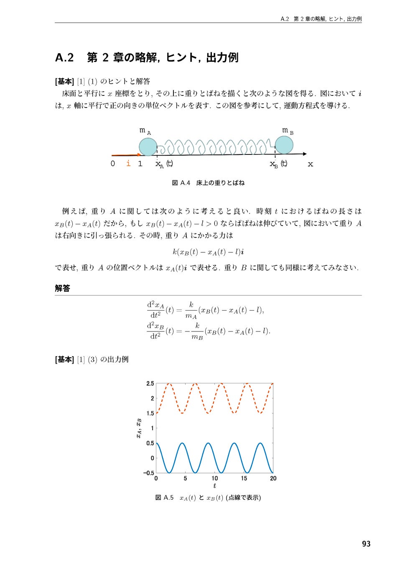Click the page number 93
tap(366, 544)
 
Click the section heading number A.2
tap(64, 57)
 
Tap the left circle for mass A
tap(148, 147)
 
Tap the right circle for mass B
tap(284, 145)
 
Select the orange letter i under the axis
tap(128, 163)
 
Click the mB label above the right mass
tap(287, 131)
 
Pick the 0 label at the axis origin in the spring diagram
tap(112, 164)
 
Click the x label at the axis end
tap(310, 164)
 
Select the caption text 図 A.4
tap(181, 183)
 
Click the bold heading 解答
tap(63, 288)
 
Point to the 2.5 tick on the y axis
tap(150, 383)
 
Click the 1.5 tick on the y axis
tap(150, 413)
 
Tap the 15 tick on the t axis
tap(244, 478)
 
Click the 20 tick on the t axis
tap(273, 478)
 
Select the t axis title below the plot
tap(214, 486)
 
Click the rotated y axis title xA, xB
tap(139, 428)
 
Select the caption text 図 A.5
tap(164, 498)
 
